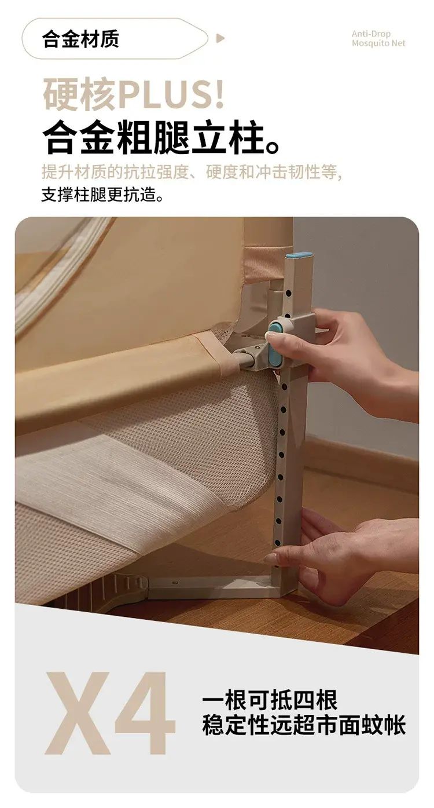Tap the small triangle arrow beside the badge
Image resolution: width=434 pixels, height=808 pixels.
tap(220, 38)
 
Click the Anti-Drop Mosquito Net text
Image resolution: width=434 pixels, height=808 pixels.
tap(378, 39)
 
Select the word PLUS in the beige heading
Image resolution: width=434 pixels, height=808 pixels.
tap(171, 95)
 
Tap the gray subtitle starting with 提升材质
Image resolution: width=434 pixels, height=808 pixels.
tap(192, 172)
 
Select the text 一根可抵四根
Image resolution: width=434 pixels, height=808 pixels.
tap(270, 701)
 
